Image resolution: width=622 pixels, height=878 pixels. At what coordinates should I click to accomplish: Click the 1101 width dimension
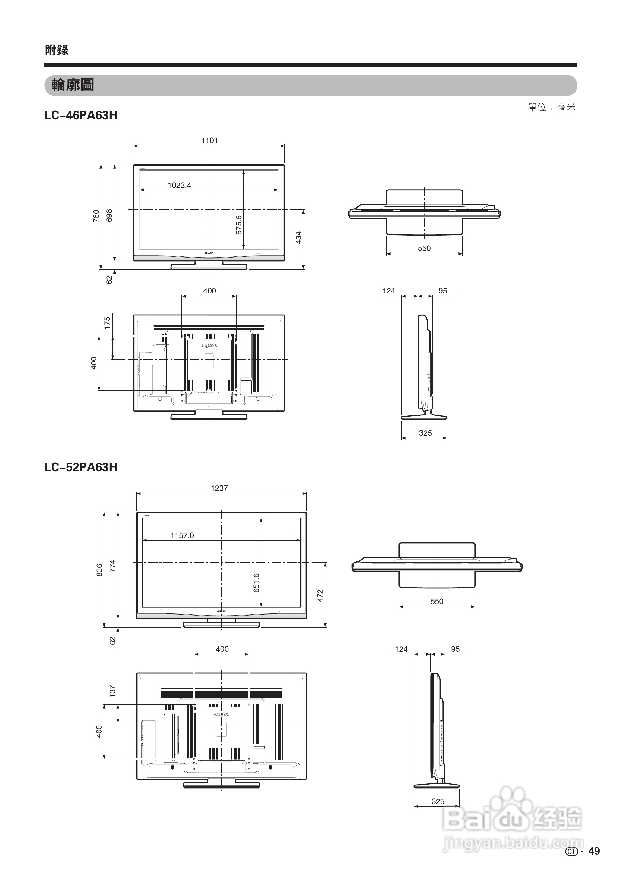pyautogui.click(x=209, y=140)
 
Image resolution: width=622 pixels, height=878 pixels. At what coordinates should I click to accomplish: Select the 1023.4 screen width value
pyautogui.click(x=179, y=185)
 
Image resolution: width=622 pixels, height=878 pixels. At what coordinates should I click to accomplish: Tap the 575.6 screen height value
pyautogui.click(x=239, y=225)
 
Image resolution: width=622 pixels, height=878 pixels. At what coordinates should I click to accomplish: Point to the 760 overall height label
pyautogui.click(x=96, y=216)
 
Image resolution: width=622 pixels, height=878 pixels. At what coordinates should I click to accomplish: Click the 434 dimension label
pyautogui.click(x=299, y=237)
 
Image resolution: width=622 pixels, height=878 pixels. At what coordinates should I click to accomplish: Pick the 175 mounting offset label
pyautogui.click(x=107, y=322)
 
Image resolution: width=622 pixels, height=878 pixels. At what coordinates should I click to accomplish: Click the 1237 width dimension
pyautogui.click(x=219, y=488)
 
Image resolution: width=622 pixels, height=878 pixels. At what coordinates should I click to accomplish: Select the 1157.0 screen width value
pyautogui.click(x=182, y=535)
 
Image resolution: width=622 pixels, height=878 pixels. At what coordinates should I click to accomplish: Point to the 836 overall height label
pyautogui.click(x=99, y=570)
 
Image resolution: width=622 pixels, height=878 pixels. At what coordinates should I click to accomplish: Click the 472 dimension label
pyautogui.click(x=321, y=595)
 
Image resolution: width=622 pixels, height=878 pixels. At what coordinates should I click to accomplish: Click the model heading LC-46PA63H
pyautogui.click(x=81, y=115)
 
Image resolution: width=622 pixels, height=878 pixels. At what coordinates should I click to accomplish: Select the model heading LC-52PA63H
pyautogui.click(x=81, y=467)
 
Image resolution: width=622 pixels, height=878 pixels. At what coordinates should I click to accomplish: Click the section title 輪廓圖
pyautogui.click(x=73, y=85)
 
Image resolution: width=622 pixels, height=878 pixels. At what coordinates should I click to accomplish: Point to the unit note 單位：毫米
pyautogui.click(x=551, y=107)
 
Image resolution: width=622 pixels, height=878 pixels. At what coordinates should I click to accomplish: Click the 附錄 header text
pyautogui.click(x=56, y=50)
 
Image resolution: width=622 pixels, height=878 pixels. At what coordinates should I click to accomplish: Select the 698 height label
pyautogui.click(x=109, y=215)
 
